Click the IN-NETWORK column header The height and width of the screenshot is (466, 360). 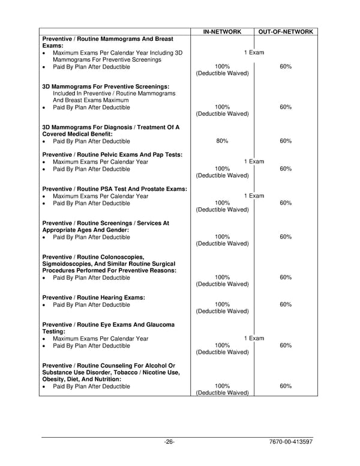point(222,31)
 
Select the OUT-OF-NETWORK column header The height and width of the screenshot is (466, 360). point(286,31)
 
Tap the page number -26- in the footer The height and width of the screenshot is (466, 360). point(169,442)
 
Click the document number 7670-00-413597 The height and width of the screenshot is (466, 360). point(292,442)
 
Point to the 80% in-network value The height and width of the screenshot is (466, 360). point(222,141)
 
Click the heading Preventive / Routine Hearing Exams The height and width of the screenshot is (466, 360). point(94,298)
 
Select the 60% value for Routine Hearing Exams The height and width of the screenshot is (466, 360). point(286,304)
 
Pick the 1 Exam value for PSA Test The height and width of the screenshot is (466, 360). point(254,196)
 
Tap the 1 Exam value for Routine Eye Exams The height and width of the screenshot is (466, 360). point(254,339)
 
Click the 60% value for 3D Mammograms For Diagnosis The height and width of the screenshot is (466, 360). point(286,141)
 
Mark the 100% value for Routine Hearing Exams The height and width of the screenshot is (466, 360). point(222,304)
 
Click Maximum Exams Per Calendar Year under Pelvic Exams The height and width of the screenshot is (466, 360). point(100,162)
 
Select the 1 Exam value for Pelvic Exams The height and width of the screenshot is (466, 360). point(254,162)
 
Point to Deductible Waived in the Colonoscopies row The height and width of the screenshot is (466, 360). point(222,284)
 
